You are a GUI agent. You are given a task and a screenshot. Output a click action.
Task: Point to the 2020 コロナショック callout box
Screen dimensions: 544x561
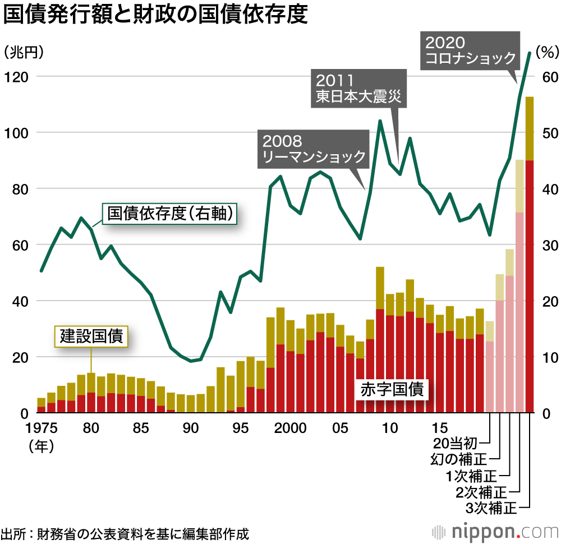(x=470, y=50)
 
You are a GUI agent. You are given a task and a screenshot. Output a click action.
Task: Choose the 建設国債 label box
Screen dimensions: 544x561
(x=91, y=336)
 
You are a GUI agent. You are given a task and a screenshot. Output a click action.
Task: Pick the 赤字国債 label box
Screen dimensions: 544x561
(x=392, y=389)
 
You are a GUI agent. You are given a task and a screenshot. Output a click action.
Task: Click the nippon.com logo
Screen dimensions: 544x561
(x=494, y=531)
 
